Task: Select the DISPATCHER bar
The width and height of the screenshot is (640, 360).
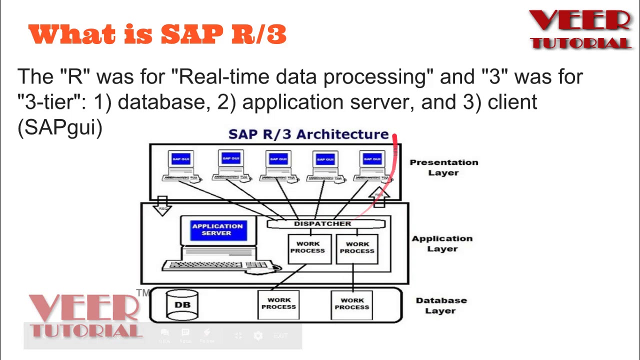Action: (x=322, y=224)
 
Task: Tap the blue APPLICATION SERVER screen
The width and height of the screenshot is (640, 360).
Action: (x=217, y=229)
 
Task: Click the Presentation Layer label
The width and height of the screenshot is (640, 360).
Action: (x=443, y=167)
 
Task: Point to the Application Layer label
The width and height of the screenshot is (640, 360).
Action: (x=442, y=243)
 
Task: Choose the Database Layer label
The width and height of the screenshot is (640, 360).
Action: (x=441, y=305)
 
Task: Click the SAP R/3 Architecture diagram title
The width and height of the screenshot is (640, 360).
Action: (x=308, y=134)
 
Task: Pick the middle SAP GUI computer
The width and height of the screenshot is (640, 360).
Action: (x=278, y=165)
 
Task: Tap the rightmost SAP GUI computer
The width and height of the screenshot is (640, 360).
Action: (x=372, y=165)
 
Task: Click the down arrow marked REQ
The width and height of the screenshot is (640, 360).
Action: (x=162, y=205)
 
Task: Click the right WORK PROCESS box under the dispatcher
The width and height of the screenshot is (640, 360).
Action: (x=357, y=248)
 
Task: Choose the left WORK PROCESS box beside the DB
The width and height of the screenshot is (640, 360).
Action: (x=278, y=304)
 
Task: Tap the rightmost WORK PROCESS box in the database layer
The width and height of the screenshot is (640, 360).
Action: (x=352, y=304)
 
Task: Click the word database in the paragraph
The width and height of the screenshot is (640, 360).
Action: (x=161, y=102)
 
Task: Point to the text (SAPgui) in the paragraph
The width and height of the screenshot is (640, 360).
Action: (x=60, y=127)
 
